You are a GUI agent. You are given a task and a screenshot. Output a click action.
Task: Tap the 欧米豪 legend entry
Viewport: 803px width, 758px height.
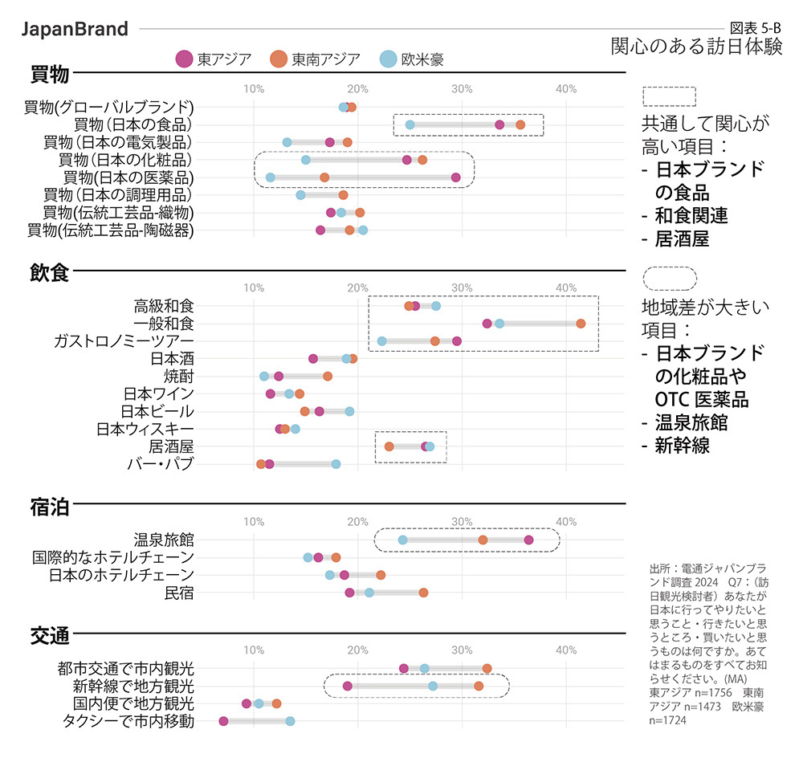(x=412, y=59)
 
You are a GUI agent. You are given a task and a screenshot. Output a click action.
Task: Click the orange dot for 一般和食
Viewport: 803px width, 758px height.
(x=581, y=324)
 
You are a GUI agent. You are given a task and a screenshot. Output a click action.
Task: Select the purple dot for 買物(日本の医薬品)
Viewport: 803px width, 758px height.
(x=456, y=177)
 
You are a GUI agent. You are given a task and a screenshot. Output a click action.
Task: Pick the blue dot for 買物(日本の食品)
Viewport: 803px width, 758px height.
(x=410, y=124)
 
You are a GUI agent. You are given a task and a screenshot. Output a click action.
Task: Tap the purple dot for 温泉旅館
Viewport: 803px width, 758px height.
(x=528, y=540)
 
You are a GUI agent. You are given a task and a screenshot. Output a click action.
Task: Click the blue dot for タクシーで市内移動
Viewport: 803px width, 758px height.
(x=290, y=721)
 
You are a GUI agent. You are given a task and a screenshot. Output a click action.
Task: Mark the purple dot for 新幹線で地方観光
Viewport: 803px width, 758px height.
(x=347, y=686)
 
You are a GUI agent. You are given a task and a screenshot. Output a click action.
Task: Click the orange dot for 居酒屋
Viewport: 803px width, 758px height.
(x=389, y=446)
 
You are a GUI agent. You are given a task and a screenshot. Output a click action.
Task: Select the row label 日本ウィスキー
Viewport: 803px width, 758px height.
(x=145, y=429)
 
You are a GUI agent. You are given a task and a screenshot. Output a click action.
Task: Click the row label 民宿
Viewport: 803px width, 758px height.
(x=178, y=593)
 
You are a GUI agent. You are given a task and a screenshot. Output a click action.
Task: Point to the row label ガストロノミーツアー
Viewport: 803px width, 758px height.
(x=123, y=341)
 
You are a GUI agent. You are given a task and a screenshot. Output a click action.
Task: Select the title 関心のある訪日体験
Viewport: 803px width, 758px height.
(x=695, y=46)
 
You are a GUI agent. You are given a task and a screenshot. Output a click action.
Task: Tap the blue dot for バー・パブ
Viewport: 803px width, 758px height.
(x=336, y=464)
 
